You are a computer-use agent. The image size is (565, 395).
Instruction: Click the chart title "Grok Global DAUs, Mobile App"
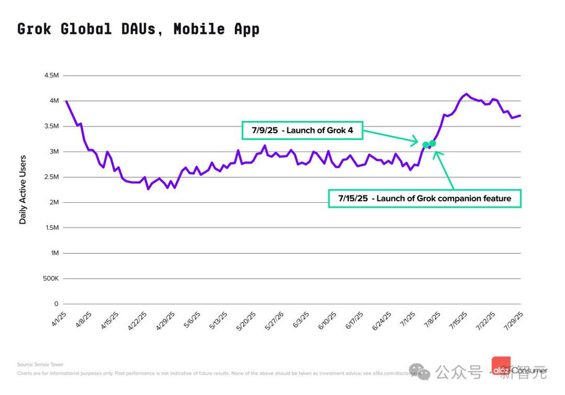pyautogui.click(x=138, y=29)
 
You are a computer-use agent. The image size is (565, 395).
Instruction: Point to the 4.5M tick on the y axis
pyautogui.click(x=51, y=76)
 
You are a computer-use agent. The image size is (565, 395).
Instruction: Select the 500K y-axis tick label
pyautogui.click(x=50, y=279)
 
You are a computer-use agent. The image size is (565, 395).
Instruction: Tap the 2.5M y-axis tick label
pyautogui.click(x=51, y=177)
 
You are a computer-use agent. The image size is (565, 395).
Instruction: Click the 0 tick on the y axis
pyautogui.click(x=56, y=304)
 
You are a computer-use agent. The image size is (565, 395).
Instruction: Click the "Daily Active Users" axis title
pyautogui.click(x=23, y=190)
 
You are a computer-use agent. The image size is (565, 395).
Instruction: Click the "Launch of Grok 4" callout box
pyautogui.click(x=302, y=130)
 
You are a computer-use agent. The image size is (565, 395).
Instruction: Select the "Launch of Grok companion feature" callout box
pyautogui.click(x=424, y=198)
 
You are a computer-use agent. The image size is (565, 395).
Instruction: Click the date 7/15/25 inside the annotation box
pyautogui.click(x=353, y=198)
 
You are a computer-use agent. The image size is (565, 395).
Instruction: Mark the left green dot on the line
pyautogui.click(x=425, y=145)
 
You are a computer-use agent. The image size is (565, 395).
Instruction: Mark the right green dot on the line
pyautogui.click(x=432, y=144)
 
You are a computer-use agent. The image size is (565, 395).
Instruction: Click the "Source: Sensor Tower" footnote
pyautogui.click(x=40, y=365)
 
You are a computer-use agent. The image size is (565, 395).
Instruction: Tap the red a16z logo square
pyautogui.click(x=501, y=365)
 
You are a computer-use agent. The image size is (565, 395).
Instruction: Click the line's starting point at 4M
pyautogui.click(x=66, y=101)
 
